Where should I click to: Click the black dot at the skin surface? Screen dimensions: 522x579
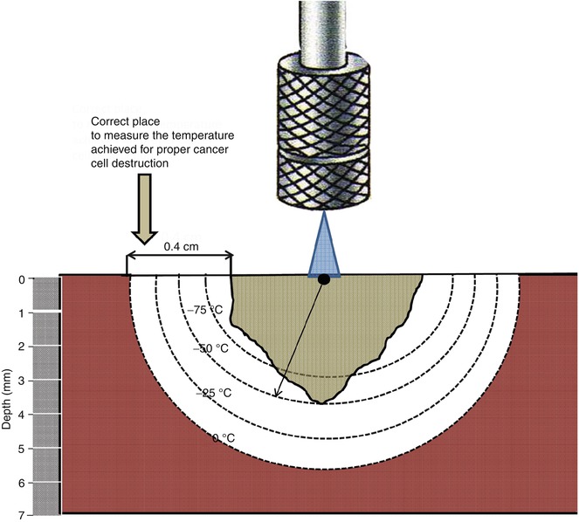click(x=324, y=279)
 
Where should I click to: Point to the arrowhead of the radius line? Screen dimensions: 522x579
click(x=277, y=395)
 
